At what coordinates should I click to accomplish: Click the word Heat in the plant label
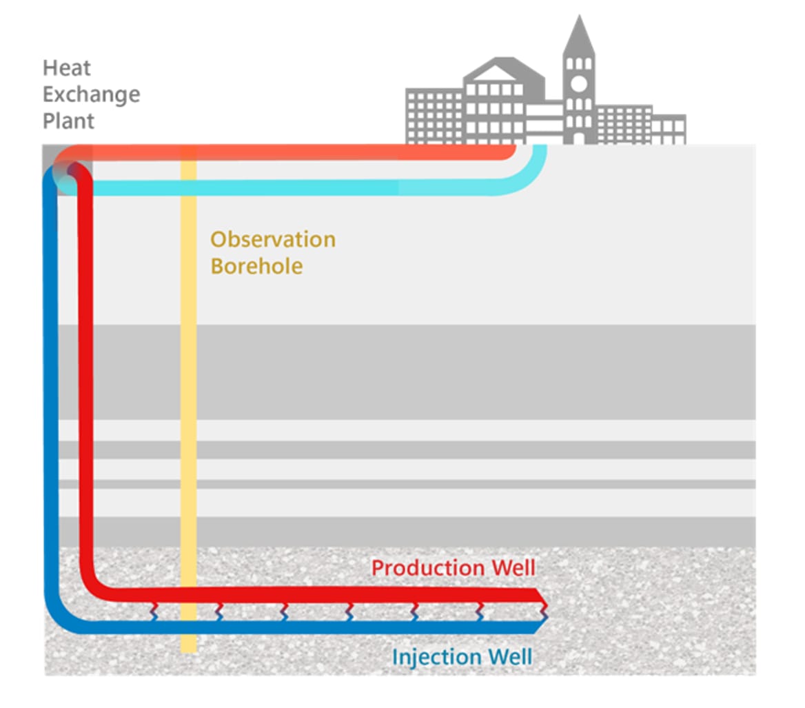click(x=67, y=68)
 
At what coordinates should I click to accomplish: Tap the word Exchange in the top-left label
click(x=91, y=94)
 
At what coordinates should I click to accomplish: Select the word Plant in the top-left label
click(x=68, y=121)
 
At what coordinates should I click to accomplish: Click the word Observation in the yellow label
click(x=273, y=240)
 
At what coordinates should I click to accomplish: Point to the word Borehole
click(x=256, y=266)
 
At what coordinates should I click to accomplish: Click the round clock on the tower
click(x=578, y=84)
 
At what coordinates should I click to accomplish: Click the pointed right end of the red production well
click(x=543, y=594)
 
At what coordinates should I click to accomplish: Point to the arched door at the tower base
click(x=578, y=138)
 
